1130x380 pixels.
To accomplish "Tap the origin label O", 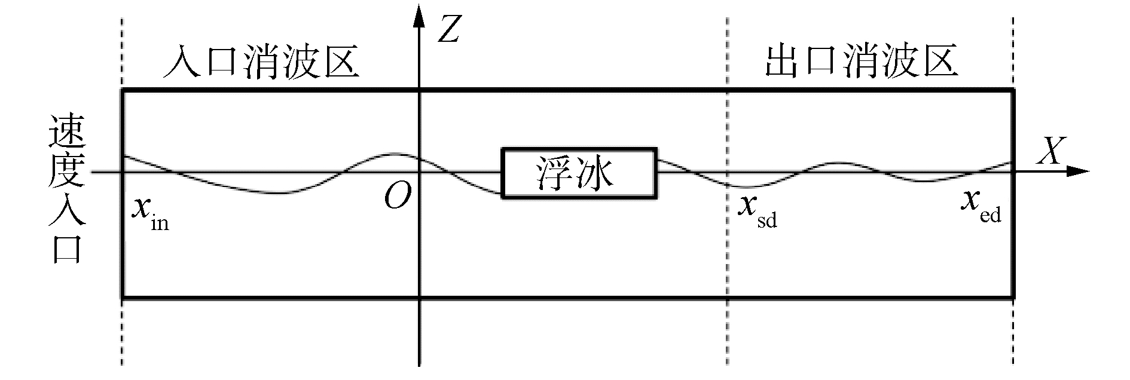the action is (x=398, y=197).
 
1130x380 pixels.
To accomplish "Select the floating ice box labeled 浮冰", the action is (x=579, y=172).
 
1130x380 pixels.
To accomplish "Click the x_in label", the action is (x=149, y=212).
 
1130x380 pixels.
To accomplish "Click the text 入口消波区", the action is (x=261, y=63).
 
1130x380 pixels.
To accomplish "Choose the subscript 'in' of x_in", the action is (x=159, y=223).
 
